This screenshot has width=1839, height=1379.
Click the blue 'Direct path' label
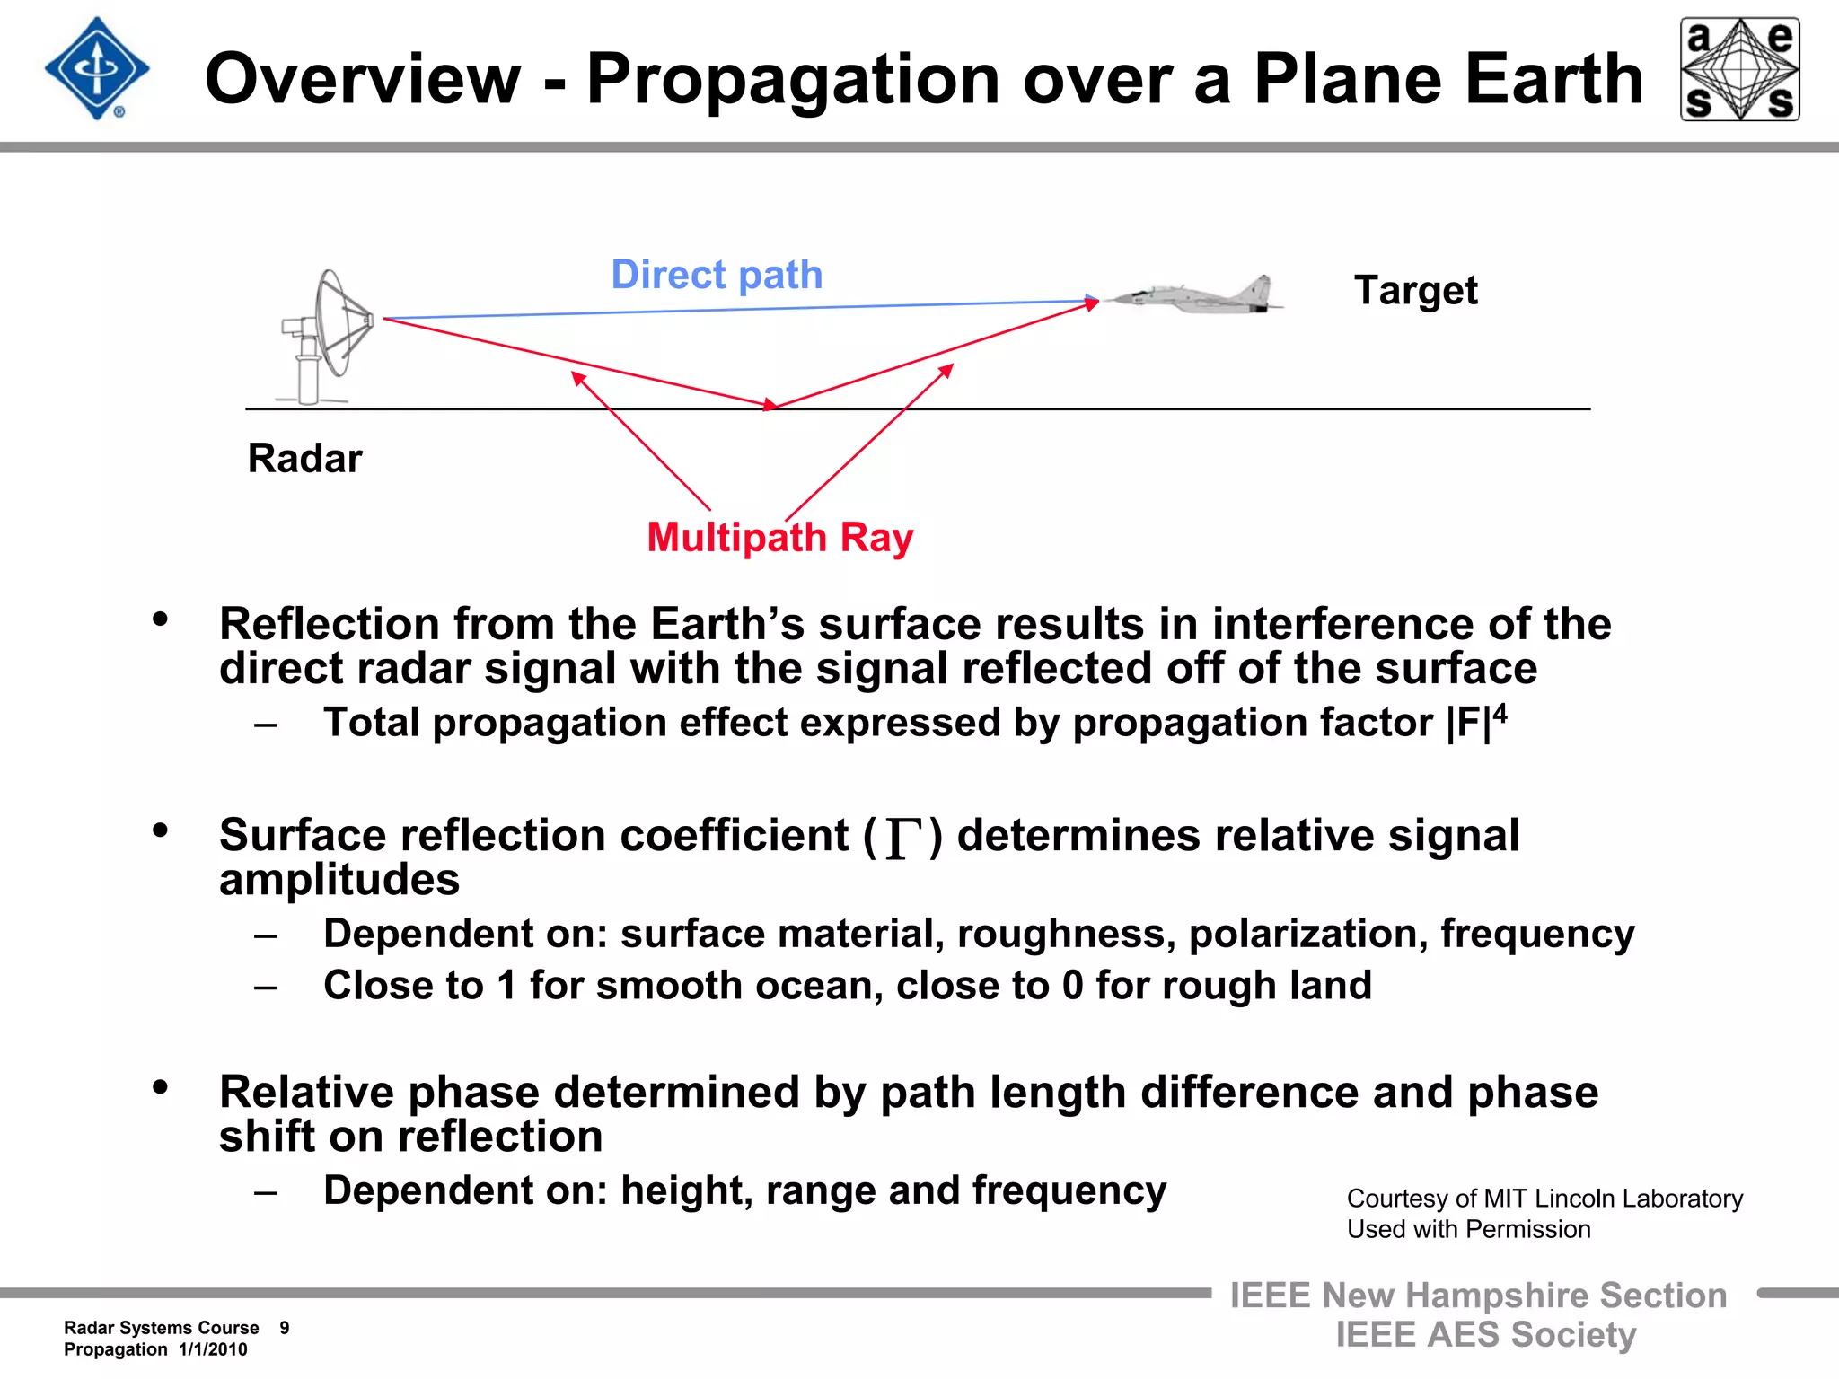coord(717,275)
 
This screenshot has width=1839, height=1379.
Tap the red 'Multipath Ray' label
coord(779,538)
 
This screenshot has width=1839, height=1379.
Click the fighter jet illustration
coord(1194,294)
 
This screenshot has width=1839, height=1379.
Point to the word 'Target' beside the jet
coord(1415,291)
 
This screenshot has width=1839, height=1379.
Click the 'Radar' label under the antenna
coord(304,459)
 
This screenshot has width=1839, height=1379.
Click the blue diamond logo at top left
coord(97,69)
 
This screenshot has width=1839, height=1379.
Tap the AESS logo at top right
coord(1739,69)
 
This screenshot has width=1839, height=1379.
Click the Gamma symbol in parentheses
coord(903,838)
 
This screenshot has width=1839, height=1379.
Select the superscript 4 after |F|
coord(1500,715)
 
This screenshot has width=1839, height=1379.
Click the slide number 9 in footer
coord(285,1328)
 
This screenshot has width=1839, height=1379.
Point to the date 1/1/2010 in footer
coord(213,1349)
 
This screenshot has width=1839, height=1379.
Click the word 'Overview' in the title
coord(363,79)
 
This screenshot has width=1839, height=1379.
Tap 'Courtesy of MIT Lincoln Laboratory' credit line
coord(1544,1199)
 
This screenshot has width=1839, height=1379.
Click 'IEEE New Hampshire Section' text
coord(1478,1296)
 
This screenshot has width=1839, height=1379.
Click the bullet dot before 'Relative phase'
coord(161,1087)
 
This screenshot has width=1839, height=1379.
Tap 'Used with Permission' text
coord(1468,1229)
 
